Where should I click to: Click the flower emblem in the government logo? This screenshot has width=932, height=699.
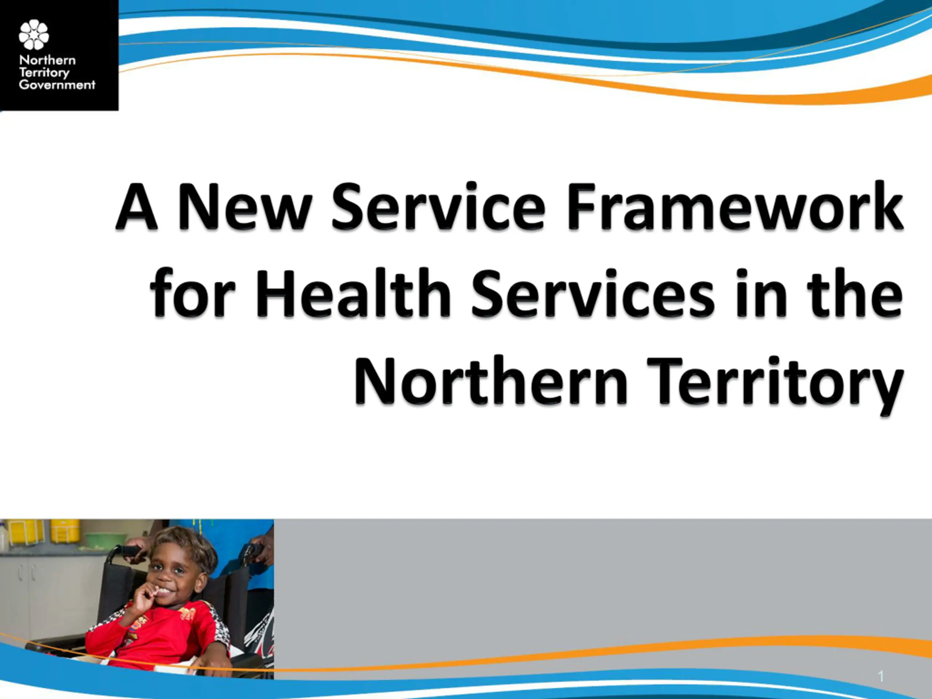34,35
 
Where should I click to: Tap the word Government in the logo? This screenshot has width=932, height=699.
57,85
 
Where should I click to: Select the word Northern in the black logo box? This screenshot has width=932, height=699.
48,60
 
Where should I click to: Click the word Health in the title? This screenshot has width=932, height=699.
353,292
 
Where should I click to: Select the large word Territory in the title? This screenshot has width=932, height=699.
775,386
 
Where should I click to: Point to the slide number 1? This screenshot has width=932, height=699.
881,676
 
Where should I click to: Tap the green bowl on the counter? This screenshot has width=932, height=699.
105,539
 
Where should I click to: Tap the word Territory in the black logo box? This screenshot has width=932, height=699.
44,73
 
